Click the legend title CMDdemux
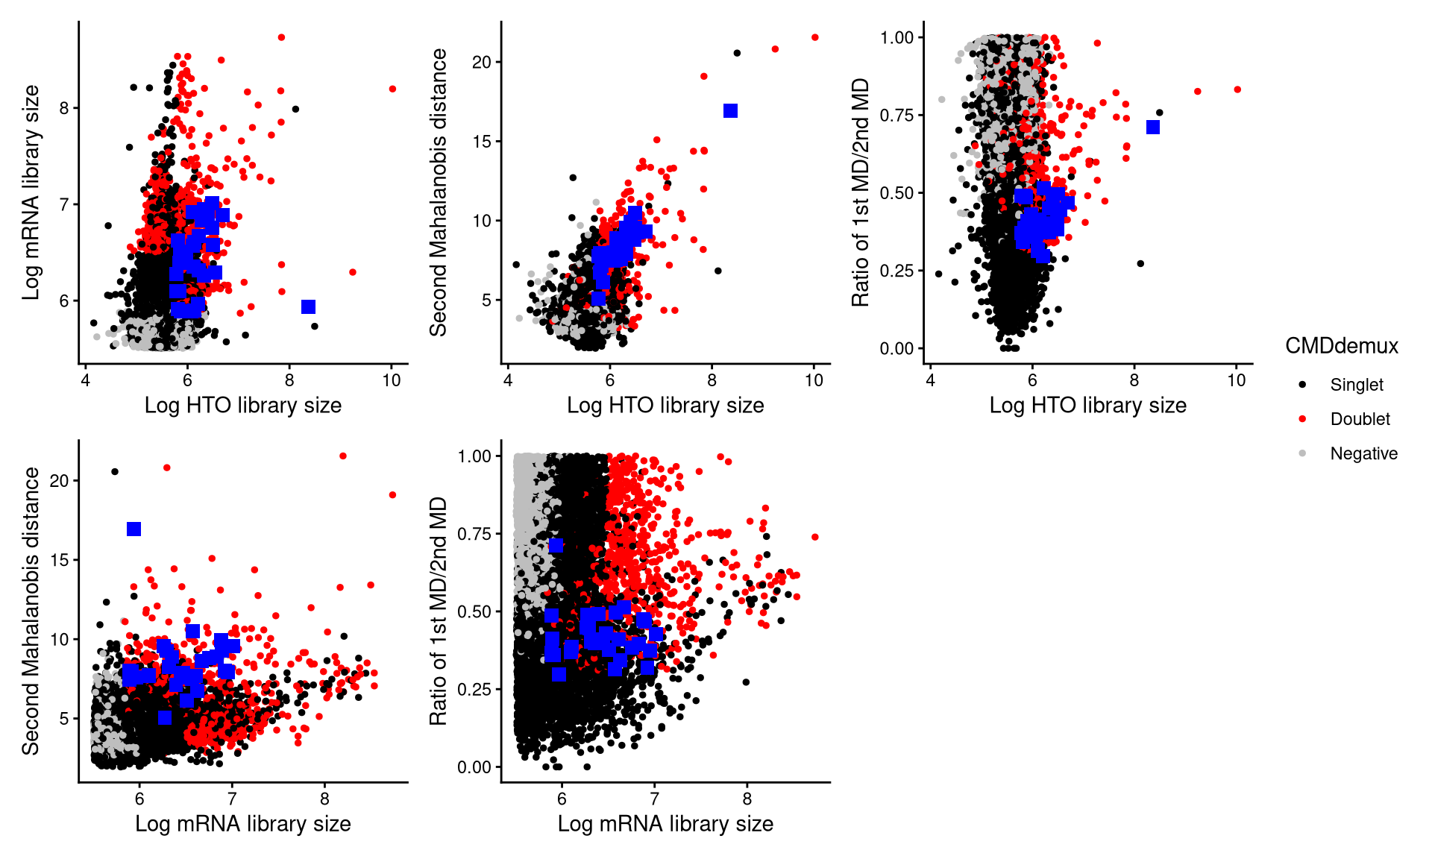click(1341, 346)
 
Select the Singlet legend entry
click(1356, 385)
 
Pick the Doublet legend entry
click(1359, 419)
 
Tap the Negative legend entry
click(1363, 453)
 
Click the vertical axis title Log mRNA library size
click(31, 192)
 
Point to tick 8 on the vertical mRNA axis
click(64, 108)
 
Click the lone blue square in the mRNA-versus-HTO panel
click(309, 306)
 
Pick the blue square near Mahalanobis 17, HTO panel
click(730, 111)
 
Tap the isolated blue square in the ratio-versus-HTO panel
click(1153, 128)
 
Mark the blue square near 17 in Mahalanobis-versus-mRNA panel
click(134, 529)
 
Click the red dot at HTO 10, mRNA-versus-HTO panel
click(392, 89)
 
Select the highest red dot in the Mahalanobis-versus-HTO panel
click(814, 37)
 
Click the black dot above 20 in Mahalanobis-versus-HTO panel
click(737, 53)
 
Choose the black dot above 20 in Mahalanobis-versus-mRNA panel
click(115, 471)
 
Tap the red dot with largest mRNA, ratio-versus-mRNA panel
click(814, 537)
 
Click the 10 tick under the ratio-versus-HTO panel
click(1236, 380)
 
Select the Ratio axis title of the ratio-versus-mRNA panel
click(438, 611)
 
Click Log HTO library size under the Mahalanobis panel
click(665, 406)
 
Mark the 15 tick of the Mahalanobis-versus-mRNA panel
click(59, 560)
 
